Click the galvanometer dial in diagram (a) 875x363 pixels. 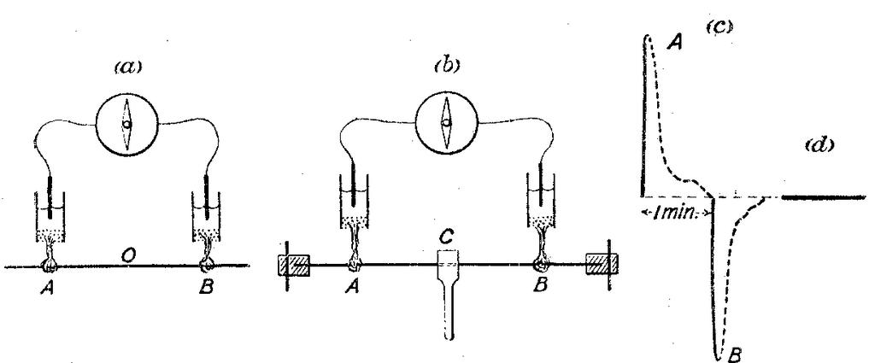tap(126, 125)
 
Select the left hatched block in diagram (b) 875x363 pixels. tap(292, 266)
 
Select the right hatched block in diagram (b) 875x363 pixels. tap(596, 266)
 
